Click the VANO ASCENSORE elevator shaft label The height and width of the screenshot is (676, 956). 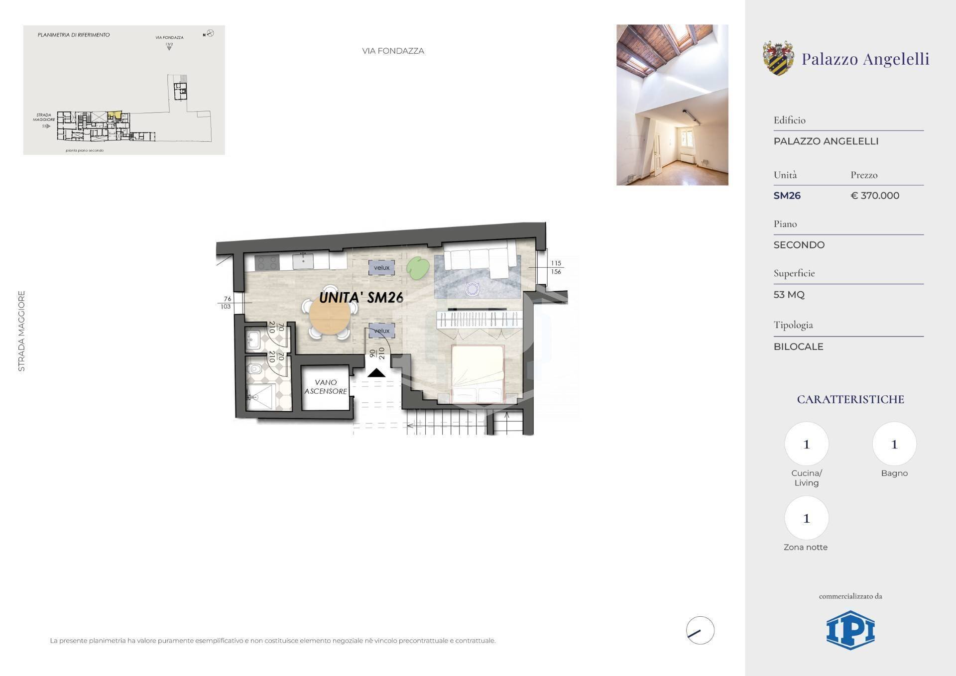point(326,387)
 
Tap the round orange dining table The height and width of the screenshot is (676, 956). point(330,315)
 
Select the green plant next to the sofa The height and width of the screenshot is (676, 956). point(418,268)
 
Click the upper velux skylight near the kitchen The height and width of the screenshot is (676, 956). point(381,267)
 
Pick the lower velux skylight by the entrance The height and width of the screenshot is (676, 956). point(381,331)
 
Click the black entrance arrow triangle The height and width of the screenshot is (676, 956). point(376,373)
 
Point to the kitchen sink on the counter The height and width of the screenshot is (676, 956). point(303,261)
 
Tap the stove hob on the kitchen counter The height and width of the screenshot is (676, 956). point(267,262)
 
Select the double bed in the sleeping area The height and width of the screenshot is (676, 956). point(478,373)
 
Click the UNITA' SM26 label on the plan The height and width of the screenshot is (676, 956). point(361,298)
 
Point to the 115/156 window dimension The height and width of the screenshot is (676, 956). point(556,267)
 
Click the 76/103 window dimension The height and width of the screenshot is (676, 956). point(227,303)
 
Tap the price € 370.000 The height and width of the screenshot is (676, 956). point(875,196)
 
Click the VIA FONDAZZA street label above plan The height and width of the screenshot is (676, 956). point(393,51)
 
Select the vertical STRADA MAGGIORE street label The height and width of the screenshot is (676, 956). point(21,331)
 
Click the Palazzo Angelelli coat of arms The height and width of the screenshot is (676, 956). point(778,58)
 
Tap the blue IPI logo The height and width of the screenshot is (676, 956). point(850,630)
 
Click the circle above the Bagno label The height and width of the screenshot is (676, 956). point(894,444)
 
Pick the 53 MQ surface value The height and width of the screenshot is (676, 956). point(789,295)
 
